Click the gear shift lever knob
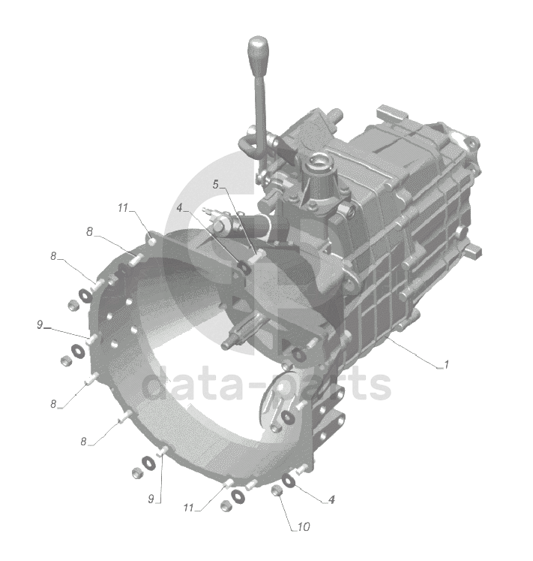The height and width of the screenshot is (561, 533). click(x=258, y=51)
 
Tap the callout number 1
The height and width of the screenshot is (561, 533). click(x=446, y=364)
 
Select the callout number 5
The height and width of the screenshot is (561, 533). click(x=215, y=185)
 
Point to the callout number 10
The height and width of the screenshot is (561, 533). click(x=304, y=526)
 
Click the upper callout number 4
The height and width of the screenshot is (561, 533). click(x=180, y=207)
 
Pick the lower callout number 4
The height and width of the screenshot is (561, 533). click(x=331, y=499)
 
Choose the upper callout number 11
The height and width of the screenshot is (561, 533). click(x=123, y=207)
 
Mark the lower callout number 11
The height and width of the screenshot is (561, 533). click(x=188, y=508)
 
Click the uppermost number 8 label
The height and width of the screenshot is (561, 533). click(x=89, y=232)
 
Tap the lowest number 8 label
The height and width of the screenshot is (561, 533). click(x=83, y=442)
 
